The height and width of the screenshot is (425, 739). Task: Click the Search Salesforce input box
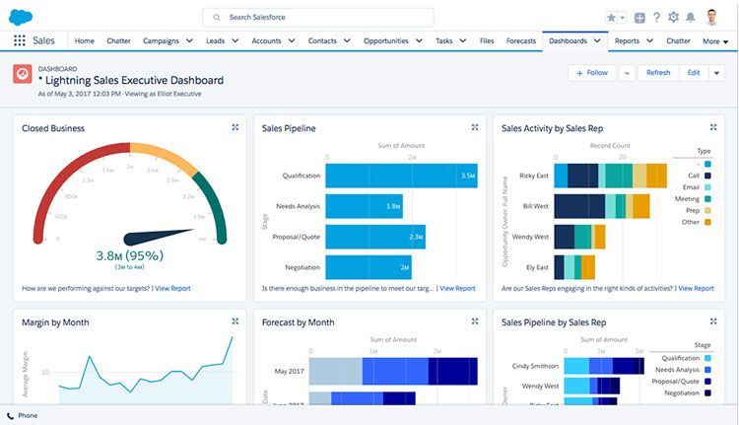[317, 18]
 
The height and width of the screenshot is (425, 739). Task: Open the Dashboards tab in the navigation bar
[568, 41]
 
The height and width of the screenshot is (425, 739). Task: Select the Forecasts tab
[521, 41]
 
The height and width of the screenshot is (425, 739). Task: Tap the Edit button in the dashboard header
[694, 73]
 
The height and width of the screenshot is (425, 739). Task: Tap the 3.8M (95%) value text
[130, 255]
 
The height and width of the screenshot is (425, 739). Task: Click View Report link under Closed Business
[172, 289]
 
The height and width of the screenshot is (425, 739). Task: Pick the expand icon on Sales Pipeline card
[475, 127]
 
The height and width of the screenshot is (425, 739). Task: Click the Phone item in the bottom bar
[27, 415]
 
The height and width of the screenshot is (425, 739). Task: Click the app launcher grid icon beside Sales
[20, 41]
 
